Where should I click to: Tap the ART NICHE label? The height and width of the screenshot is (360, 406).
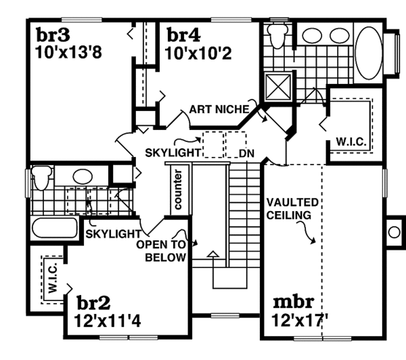[220, 108]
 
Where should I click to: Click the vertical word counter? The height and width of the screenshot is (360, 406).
[179, 189]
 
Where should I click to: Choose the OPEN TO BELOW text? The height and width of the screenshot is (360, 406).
[162, 249]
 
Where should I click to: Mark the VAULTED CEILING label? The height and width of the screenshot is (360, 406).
[288, 208]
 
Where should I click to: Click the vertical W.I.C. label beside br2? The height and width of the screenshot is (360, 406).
[51, 277]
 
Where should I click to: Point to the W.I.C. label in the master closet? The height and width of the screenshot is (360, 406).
[346, 142]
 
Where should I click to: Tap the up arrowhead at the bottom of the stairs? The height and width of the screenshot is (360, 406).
[213, 254]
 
